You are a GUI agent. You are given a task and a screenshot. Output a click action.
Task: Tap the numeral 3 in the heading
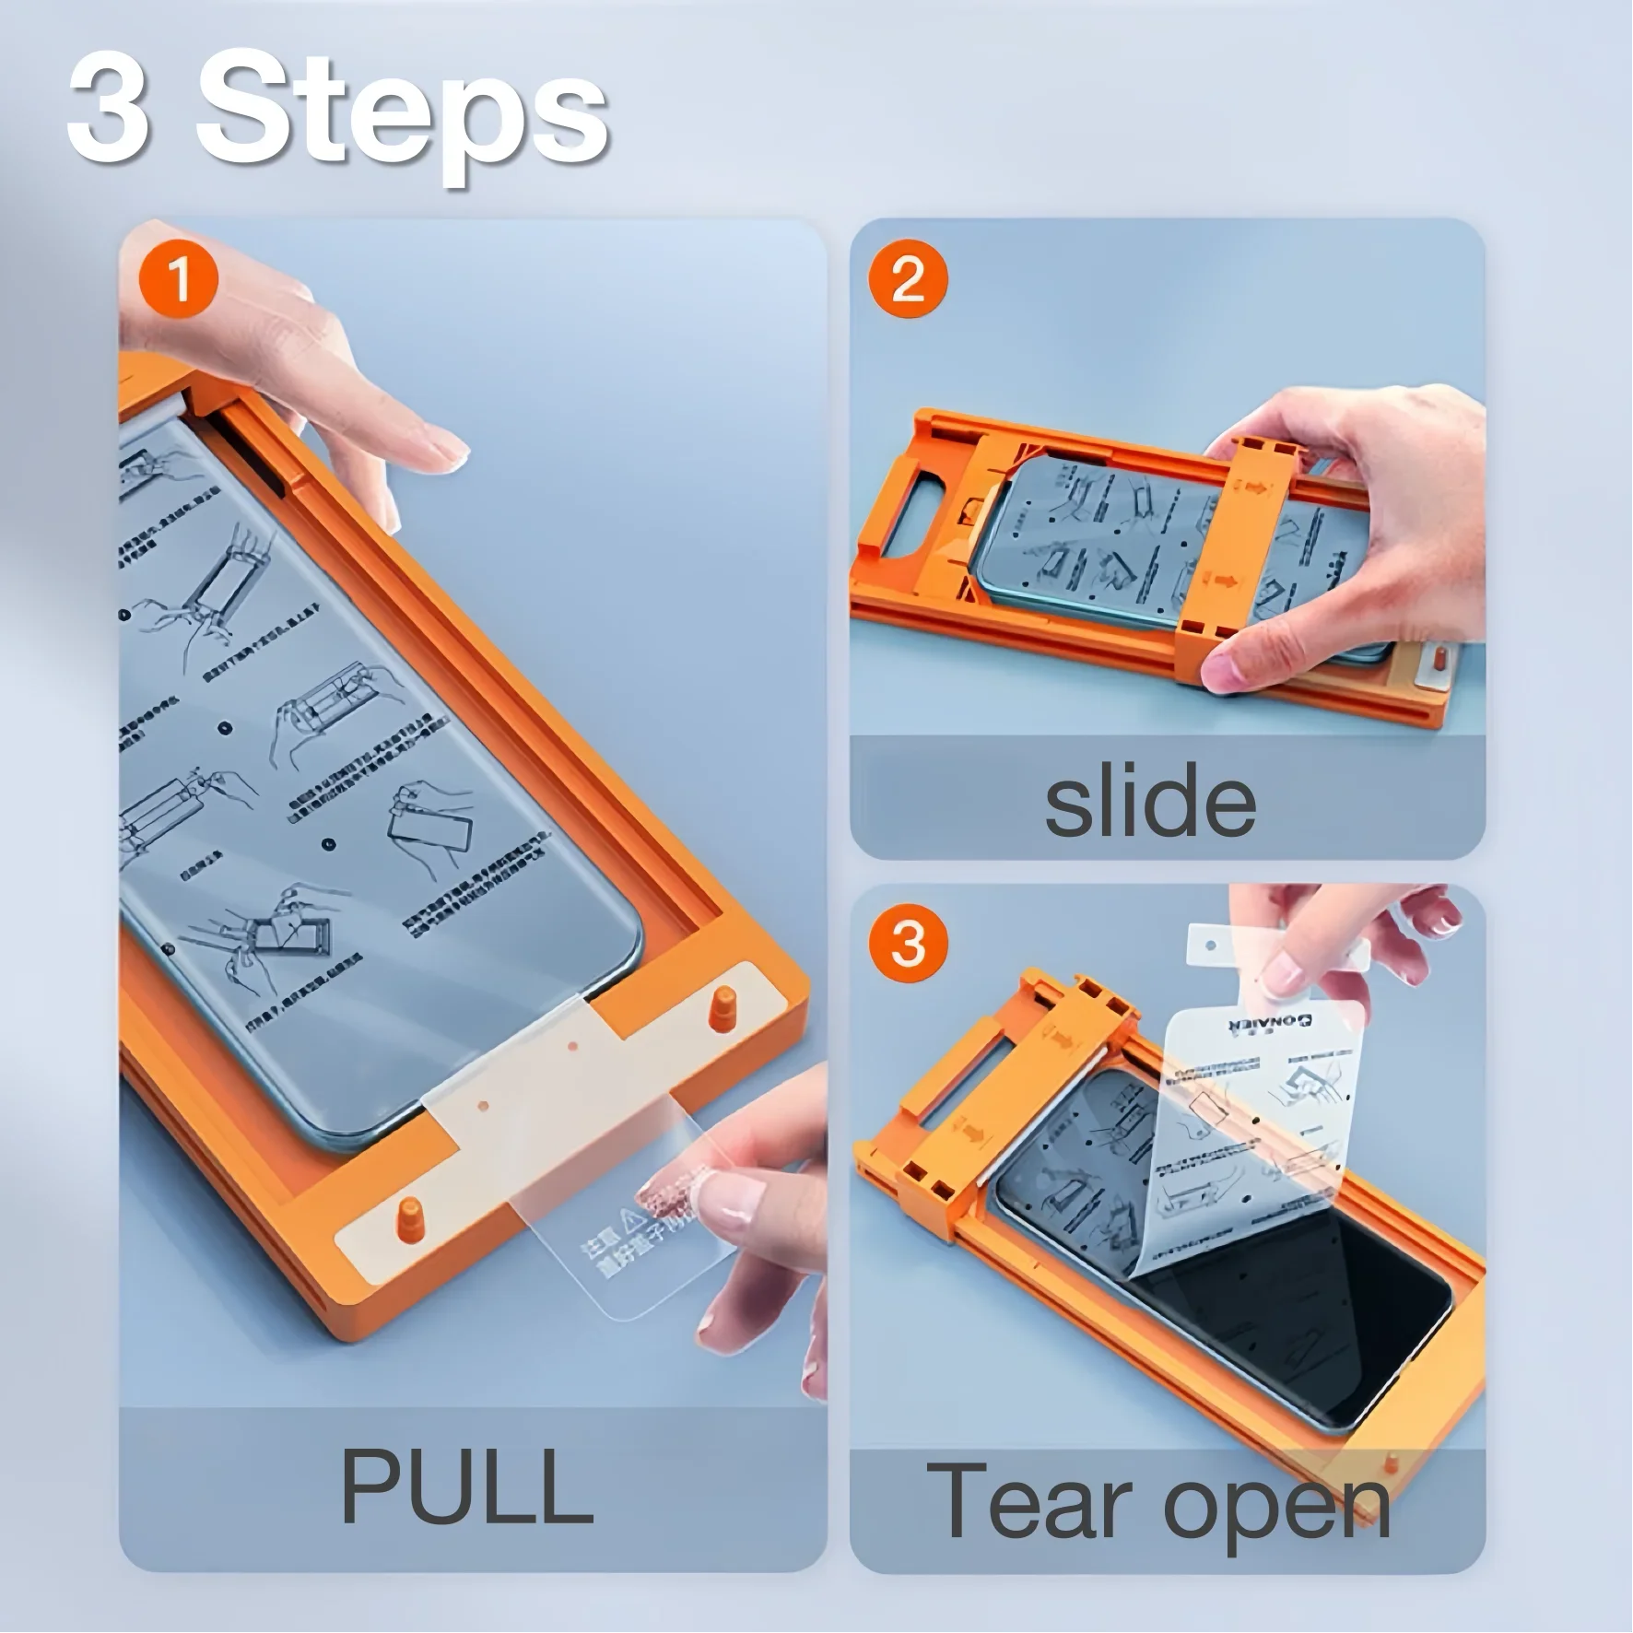click(x=108, y=109)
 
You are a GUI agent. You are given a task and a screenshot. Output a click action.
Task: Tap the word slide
click(x=1149, y=801)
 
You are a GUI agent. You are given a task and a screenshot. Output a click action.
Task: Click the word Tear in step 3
click(x=1036, y=1500)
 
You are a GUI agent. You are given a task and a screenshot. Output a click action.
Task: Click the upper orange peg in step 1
click(x=723, y=1007)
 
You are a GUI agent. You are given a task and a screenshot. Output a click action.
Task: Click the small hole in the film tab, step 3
click(x=1211, y=946)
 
